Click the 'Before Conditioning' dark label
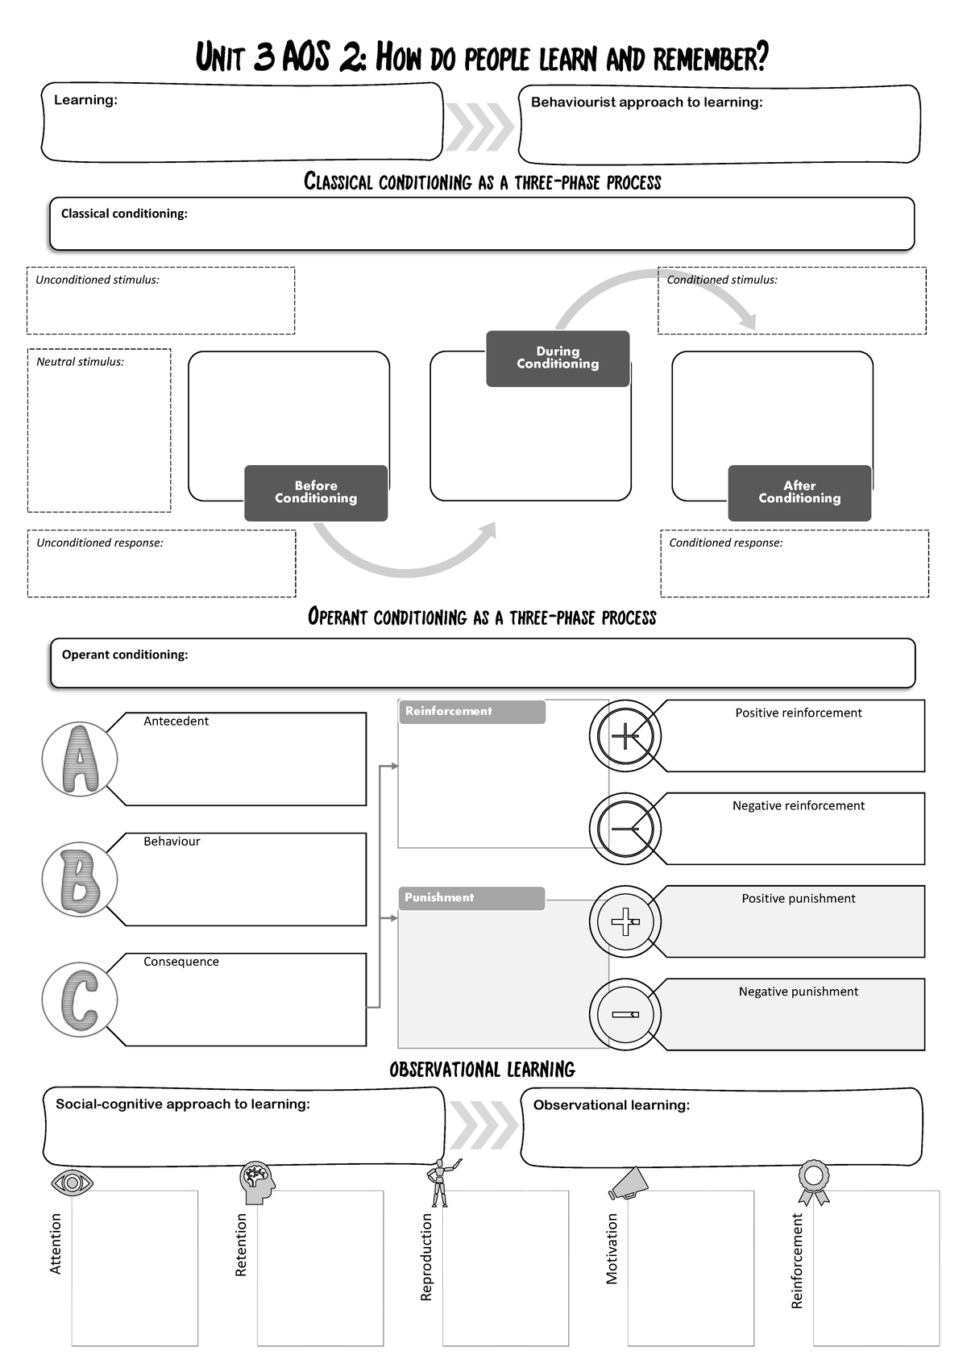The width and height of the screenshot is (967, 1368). [x=316, y=493]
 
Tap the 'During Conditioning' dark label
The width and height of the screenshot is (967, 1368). [x=558, y=358]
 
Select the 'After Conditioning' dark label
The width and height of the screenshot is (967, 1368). [x=799, y=493]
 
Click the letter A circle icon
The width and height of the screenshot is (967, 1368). [x=80, y=759]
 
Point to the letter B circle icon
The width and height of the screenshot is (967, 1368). [x=80, y=879]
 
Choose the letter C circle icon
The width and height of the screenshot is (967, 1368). [x=80, y=1000]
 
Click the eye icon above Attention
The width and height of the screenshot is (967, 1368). [x=73, y=1183]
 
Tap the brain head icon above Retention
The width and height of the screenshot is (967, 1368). [x=257, y=1183]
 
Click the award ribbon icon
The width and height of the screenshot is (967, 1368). [x=813, y=1181]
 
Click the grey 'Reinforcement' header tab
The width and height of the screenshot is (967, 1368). [x=471, y=712]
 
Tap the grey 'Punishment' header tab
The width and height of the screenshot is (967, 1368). [x=471, y=898]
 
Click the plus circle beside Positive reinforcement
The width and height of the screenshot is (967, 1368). [x=625, y=736]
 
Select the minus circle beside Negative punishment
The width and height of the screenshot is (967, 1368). [x=625, y=1015]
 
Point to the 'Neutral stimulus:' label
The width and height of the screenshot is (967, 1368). [x=80, y=362]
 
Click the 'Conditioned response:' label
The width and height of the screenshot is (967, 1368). [x=725, y=543]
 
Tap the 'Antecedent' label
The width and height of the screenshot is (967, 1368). [x=176, y=721]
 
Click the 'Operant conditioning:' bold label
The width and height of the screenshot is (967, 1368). [x=125, y=655]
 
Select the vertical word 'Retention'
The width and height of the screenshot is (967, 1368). [x=241, y=1245]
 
